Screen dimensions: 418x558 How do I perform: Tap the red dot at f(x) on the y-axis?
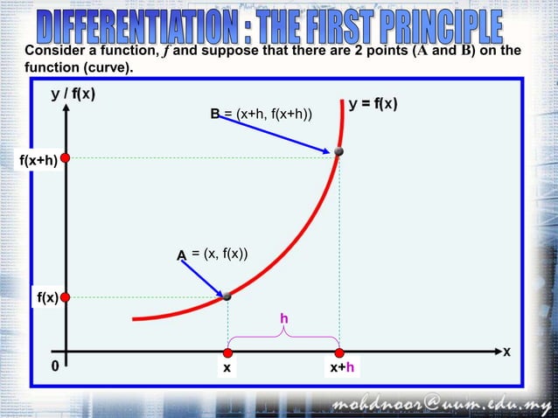tap(64, 296)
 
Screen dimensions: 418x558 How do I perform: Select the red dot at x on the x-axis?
tap(227, 353)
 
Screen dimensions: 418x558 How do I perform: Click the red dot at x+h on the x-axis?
tap(339, 353)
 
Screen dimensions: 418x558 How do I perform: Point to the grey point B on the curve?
tap(338, 152)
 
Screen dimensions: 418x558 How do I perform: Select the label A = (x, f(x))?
tap(213, 254)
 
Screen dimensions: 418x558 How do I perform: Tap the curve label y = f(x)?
tap(373, 103)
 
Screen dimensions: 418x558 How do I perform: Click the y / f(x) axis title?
tap(73, 95)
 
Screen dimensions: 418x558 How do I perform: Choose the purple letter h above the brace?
tap(283, 320)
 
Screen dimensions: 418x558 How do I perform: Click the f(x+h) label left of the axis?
tap(38, 161)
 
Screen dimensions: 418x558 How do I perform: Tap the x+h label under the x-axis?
tap(342, 369)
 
